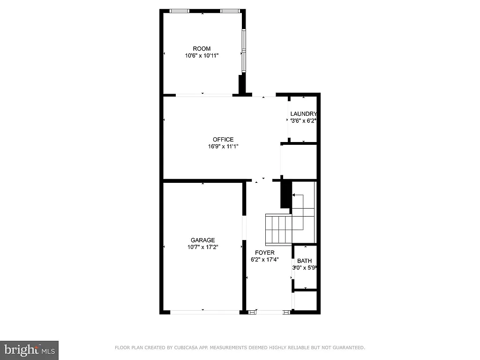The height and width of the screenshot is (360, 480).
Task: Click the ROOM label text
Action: (x=202, y=49)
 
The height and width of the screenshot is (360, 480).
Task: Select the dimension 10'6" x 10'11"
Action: (x=202, y=55)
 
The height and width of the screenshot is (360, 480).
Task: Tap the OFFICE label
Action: (x=223, y=140)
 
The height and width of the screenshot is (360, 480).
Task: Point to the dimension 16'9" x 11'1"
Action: (x=223, y=146)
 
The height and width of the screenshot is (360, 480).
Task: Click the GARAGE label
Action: (x=202, y=240)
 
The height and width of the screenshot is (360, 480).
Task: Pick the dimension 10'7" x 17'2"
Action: (x=202, y=247)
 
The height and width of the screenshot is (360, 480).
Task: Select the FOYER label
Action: (x=264, y=253)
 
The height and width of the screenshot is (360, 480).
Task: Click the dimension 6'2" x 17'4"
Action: (x=264, y=259)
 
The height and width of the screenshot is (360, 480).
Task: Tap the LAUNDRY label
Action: (x=303, y=114)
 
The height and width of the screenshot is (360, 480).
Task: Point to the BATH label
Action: (x=304, y=261)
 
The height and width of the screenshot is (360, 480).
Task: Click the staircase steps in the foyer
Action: (x=278, y=229)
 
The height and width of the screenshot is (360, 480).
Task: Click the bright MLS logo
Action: (x=29, y=350)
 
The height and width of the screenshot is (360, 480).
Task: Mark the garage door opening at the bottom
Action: (x=202, y=311)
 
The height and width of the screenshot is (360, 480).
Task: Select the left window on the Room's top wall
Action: (x=180, y=11)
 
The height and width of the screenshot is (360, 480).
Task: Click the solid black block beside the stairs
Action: (x=284, y=195)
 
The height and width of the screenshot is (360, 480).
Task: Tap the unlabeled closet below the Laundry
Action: (x=299, y=161)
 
